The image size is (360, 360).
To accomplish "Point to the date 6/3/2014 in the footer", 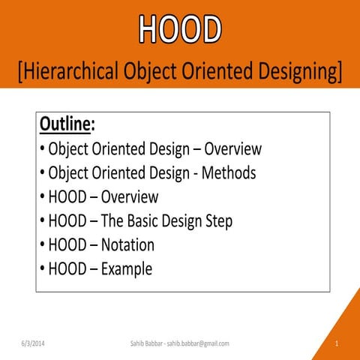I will pos(33,343).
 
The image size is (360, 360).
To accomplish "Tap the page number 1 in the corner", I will pos(337,343).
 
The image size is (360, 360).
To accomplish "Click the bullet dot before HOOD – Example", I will pos(42,269).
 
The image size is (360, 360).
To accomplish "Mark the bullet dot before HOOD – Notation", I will pos(42,245).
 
